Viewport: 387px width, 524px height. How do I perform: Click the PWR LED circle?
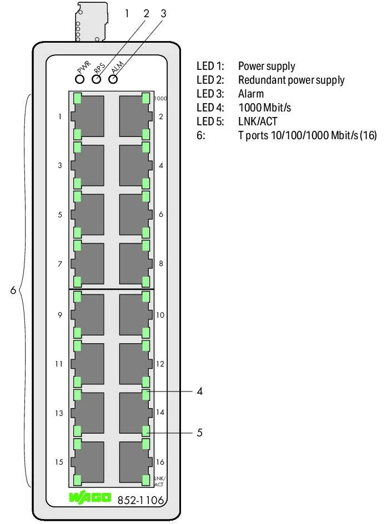point(79,79)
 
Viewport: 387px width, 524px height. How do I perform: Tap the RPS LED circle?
point(97,79)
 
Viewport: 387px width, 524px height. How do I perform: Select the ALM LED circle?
point(113,79)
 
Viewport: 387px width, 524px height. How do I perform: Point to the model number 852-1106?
point(140,500)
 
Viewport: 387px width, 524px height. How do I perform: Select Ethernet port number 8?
point(134,264)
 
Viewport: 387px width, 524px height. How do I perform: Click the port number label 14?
point(160,413)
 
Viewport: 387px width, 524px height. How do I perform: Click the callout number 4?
point(200,391)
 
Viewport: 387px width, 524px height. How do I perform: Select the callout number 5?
point(200,433)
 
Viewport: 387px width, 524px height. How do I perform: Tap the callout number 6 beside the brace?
point(13,290)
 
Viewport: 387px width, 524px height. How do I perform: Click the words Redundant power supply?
point(291,80)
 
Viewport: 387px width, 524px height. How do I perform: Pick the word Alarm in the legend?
point(250,94)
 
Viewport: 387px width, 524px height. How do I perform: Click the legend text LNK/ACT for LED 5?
point(257,121)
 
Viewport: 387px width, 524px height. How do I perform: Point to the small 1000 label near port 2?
point(161,99)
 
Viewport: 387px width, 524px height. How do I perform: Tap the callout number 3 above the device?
point(163,13)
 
